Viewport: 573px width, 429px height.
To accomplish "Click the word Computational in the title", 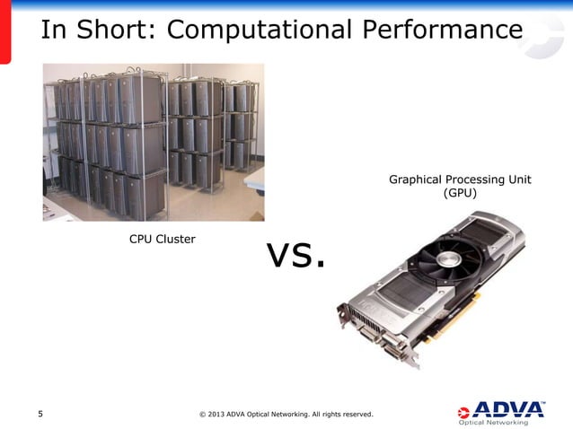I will coord(260,31).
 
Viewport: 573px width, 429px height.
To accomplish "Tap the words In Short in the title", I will coord(95,31).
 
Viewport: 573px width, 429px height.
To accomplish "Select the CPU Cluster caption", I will coord(162,239).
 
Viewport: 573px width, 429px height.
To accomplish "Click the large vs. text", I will coord(295,256).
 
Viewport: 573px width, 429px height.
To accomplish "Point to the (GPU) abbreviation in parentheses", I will coord(460,193).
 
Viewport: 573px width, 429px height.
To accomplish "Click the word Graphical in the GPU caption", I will coord(414,179).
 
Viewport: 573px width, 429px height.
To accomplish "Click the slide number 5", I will coord(40,414).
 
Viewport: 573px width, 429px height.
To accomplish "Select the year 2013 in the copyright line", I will coord(217,414).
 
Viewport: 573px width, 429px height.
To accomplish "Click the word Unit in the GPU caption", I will coord(518,179).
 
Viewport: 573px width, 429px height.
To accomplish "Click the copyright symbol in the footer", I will coord(201,414).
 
